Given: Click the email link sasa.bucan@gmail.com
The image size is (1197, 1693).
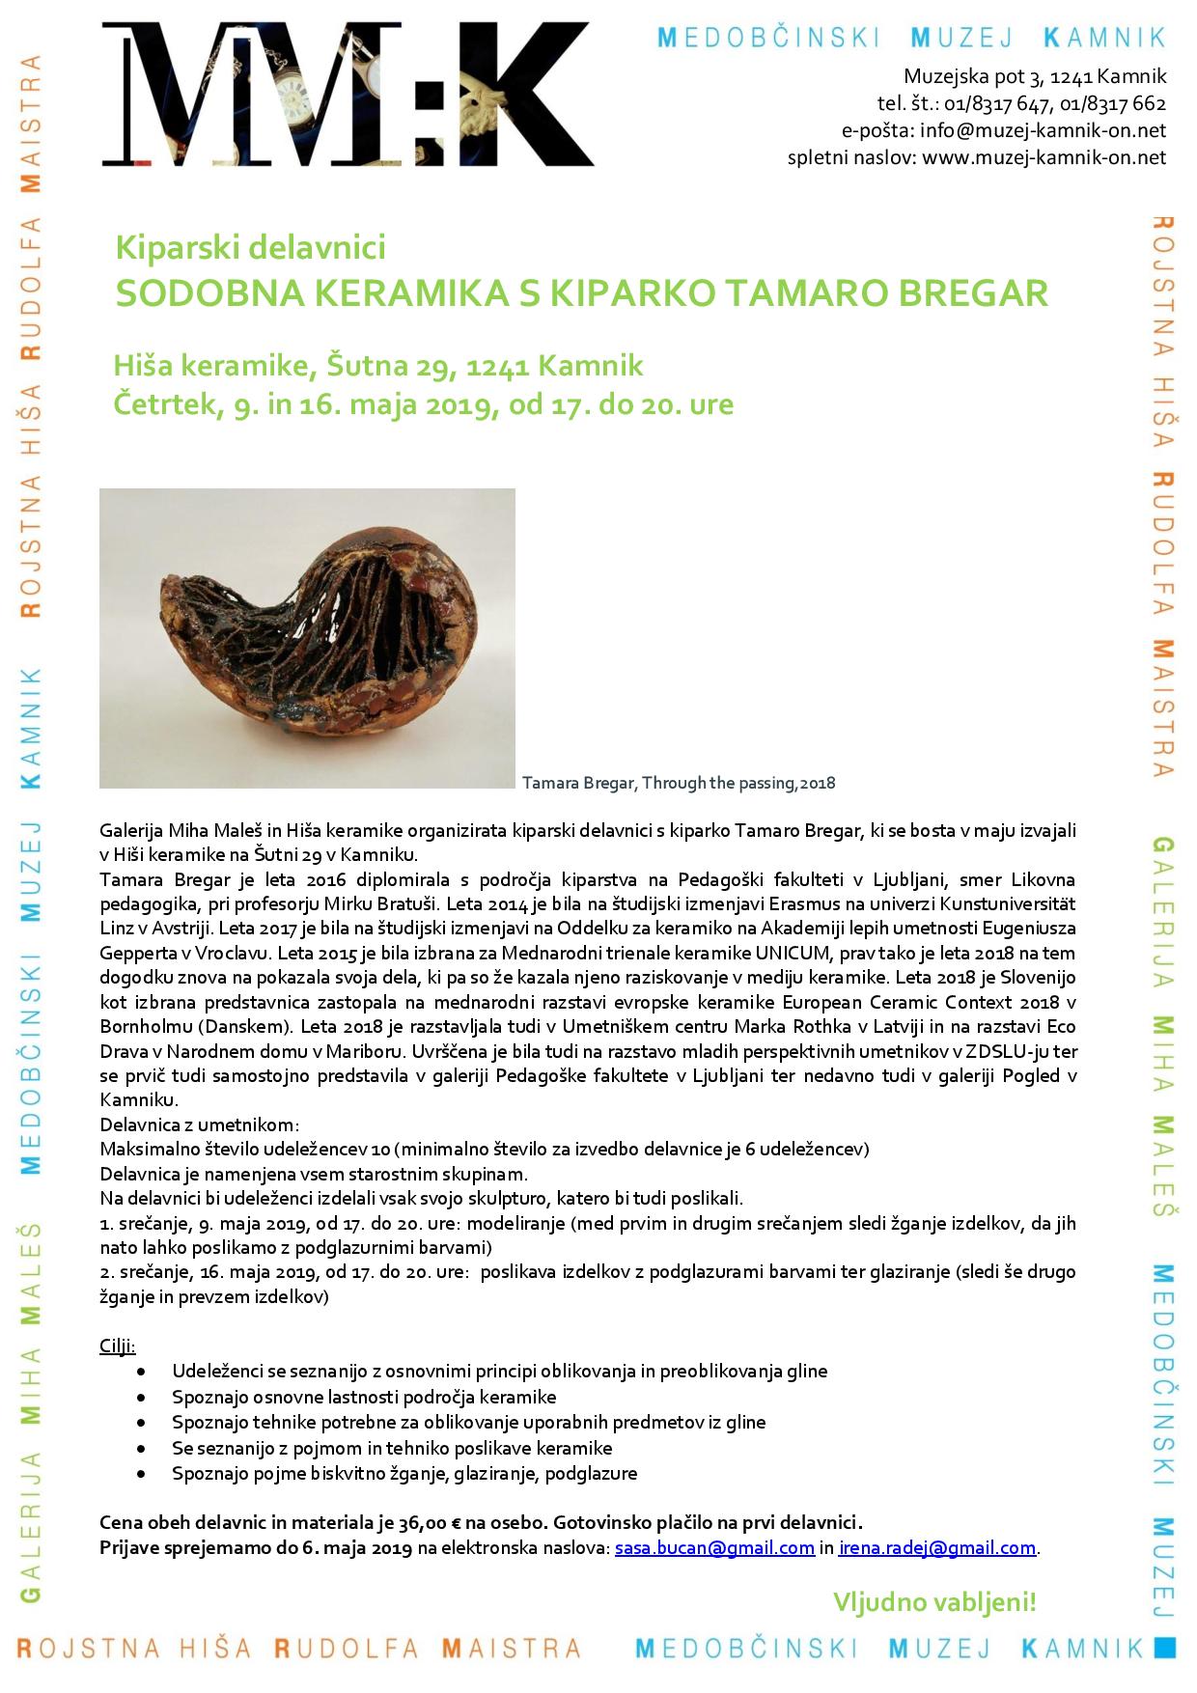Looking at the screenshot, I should (x=714, y=1548).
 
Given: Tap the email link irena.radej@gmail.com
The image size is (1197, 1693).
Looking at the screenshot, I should (x=936, y=1548).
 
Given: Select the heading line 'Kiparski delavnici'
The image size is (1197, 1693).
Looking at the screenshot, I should (x=250, y=248).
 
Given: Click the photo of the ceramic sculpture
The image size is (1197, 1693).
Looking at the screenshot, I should (x=307, y=638).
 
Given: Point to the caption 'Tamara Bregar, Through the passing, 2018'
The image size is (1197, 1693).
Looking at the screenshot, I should (x=678, y=783).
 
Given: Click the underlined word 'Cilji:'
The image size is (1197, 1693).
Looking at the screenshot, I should (x=118, y=1346).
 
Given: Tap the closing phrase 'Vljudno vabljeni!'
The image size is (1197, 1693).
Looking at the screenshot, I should (x=933, y=1603).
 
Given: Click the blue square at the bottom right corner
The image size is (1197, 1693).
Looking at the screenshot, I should (x=1166, y=1647).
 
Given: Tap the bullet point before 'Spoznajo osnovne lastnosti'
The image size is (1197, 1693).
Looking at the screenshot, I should (x=143, y=1398).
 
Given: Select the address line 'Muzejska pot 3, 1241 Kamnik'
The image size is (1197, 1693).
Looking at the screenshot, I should (x=1035, y=76).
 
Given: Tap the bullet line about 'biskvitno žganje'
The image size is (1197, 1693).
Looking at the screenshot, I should (x=404, y=1474).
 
